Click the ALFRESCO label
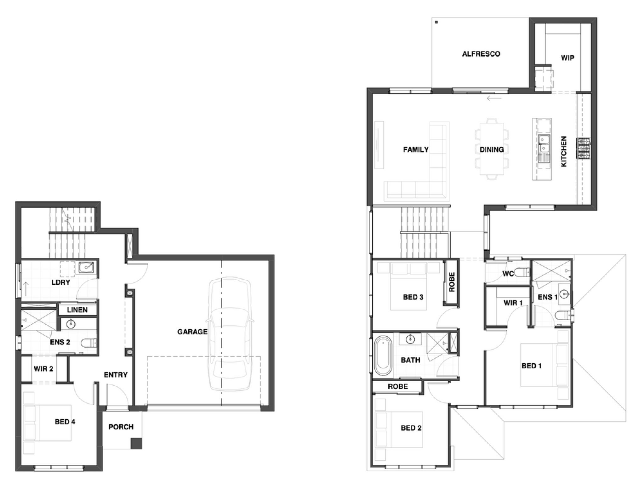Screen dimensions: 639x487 pyautogui.click(x=481, y=54)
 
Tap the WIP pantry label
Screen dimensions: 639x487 pyautogui.click(x=568, y=58)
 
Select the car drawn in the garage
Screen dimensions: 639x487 pyautogui.click(x=230, y=334)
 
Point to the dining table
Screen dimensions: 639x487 pyautogui.click(x=491, y=149)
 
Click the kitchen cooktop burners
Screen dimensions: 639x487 pyautogui.click(x=583, y=148)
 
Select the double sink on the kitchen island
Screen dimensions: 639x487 pyautogui.click(x=544, y=144)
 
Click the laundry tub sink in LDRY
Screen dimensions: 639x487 pyautogui.click(x=86, y=267)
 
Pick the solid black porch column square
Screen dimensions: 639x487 pyautogui.click(x=136, y=443)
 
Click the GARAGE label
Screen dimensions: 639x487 pyautogui.click(x=192, y=332)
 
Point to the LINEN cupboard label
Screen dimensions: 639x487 pyautogui.click(x=77, y=310)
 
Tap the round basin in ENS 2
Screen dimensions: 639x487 pyautogui.click(x=71, y=324)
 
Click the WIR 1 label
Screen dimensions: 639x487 pyautogui.click(x=513, y=303)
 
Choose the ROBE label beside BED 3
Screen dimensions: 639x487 pyautogui.click(x=452, y=282)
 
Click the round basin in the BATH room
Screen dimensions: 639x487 pyautogui.click(x=410, y=339)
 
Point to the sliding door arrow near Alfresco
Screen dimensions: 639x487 pyautogui.click(x=494, y=98)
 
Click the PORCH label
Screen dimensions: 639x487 pyautogui.click(x=121, y=427)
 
